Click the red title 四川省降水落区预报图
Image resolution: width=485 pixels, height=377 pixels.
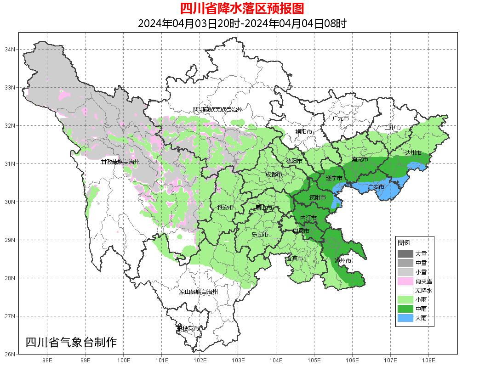coord(242,9)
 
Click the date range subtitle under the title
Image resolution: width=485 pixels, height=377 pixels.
coord(242,23)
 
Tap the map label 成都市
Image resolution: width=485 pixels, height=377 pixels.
coord(274,174)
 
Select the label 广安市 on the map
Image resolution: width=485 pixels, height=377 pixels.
coord(376,187)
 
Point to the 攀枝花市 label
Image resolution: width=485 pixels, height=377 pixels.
coord(188,329)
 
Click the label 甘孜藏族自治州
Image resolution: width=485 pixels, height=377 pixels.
coord(120,162)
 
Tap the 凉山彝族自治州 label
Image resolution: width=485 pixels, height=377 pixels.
coord(198,292)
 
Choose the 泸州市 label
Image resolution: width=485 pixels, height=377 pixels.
coord(343,260)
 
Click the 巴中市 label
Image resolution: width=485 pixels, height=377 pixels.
coord(393,127)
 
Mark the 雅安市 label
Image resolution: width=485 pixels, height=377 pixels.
coord(225,208)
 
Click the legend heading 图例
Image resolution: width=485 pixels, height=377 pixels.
coord(404,242)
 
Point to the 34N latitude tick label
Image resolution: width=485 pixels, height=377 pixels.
coord(10,49)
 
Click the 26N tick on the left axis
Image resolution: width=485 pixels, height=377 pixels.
coord(10,354)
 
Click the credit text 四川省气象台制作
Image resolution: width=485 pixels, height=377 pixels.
coord(71,342)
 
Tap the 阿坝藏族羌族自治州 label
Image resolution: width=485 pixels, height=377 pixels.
coord(217,110)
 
